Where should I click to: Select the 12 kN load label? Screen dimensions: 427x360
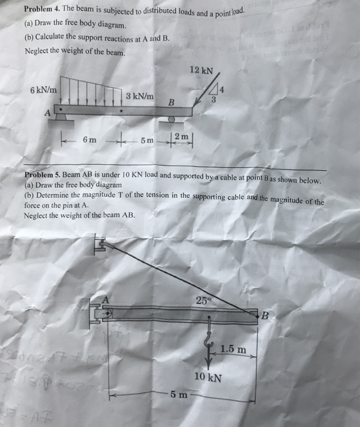click(x=202, y=70)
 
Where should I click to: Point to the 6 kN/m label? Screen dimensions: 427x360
click(x=43, y=90)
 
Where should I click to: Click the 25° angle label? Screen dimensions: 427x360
click(x=203, y=300)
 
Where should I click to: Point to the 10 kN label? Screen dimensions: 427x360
click(x=208, y=377)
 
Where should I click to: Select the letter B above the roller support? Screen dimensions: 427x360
click(x=171, y=102)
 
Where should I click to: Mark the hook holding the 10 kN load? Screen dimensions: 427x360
click(x=207, y=336)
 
